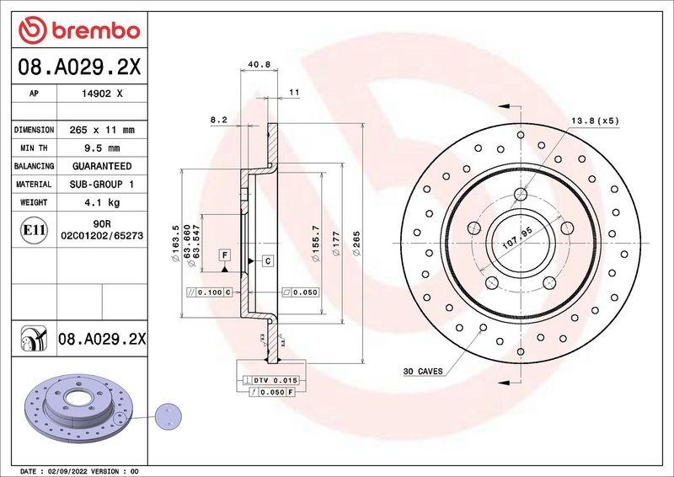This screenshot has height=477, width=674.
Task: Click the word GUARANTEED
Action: pos(101,166)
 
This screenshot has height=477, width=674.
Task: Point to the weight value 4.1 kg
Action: pos(101,202)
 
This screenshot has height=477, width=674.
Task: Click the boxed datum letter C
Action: pos(266,260)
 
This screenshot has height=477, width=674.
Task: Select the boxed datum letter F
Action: pos(224,255)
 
